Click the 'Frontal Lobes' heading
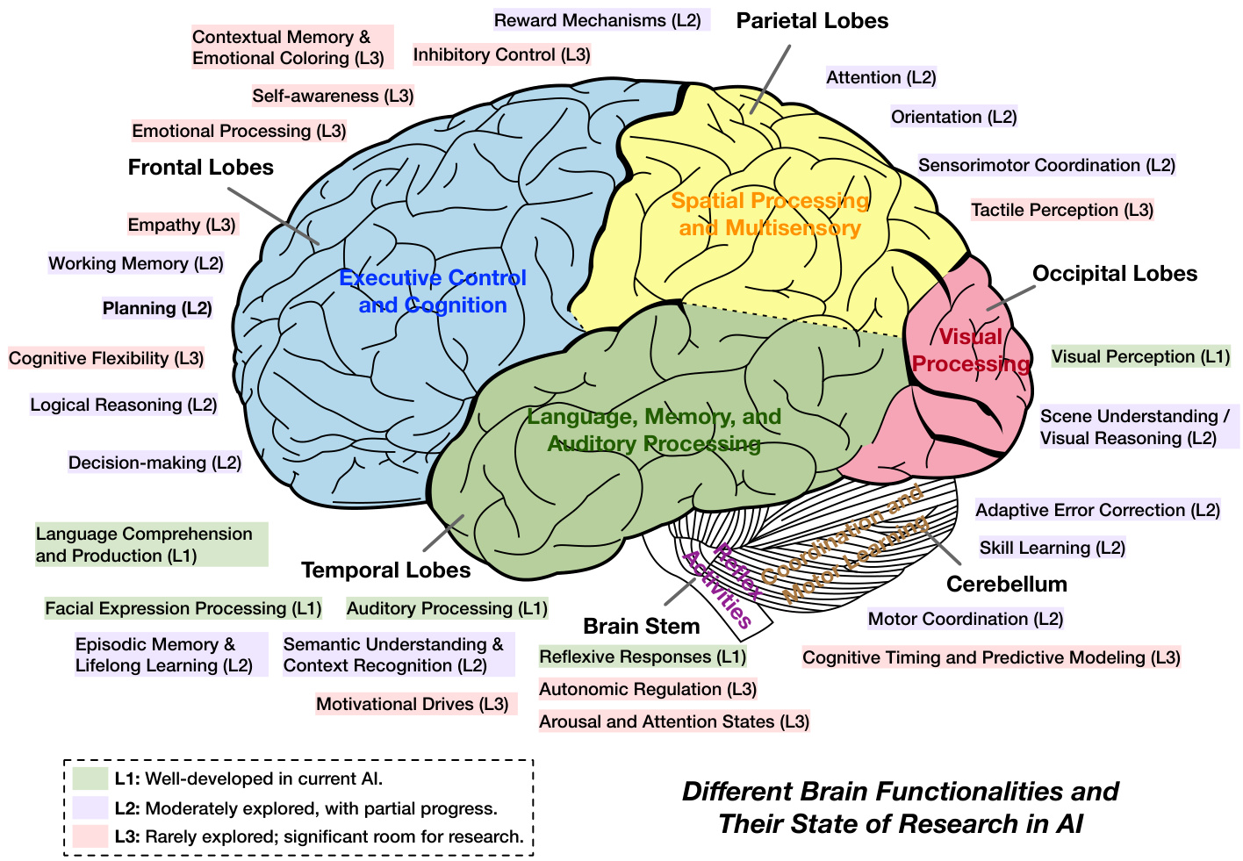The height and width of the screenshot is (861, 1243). tap(200, 168)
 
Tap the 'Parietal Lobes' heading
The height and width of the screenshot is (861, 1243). tap(812, 21)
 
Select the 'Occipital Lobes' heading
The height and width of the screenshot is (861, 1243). tap(1114, 274)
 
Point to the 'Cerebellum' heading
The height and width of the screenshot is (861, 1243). tap(1006, 585)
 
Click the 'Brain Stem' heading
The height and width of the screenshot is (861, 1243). tap(641, 627)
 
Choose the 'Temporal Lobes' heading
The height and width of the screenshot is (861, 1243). tap(385, 570)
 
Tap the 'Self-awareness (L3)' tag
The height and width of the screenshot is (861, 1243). tap(333, 96)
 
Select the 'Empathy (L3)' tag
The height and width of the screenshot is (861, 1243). tap(182, 225)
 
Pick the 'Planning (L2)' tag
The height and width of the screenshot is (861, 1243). tap(157, 308)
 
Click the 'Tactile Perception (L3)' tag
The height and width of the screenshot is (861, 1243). tap(1061, 210)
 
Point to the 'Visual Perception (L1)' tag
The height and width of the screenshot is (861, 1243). tap(1140, 356)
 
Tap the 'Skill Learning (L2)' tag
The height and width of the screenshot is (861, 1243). tap(1052, 548)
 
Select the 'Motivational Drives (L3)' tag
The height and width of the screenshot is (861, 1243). tap(413, 704)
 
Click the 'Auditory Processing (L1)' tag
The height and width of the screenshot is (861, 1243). tap(447, 608)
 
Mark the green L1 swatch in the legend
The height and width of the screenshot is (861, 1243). tap(90, 778)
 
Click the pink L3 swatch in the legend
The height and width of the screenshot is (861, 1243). tap(90, 836)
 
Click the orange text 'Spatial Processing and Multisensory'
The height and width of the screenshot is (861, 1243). tap(770, 214)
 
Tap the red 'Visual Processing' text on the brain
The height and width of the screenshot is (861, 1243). tap(970, 350)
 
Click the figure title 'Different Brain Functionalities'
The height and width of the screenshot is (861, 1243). tap(900, 792)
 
